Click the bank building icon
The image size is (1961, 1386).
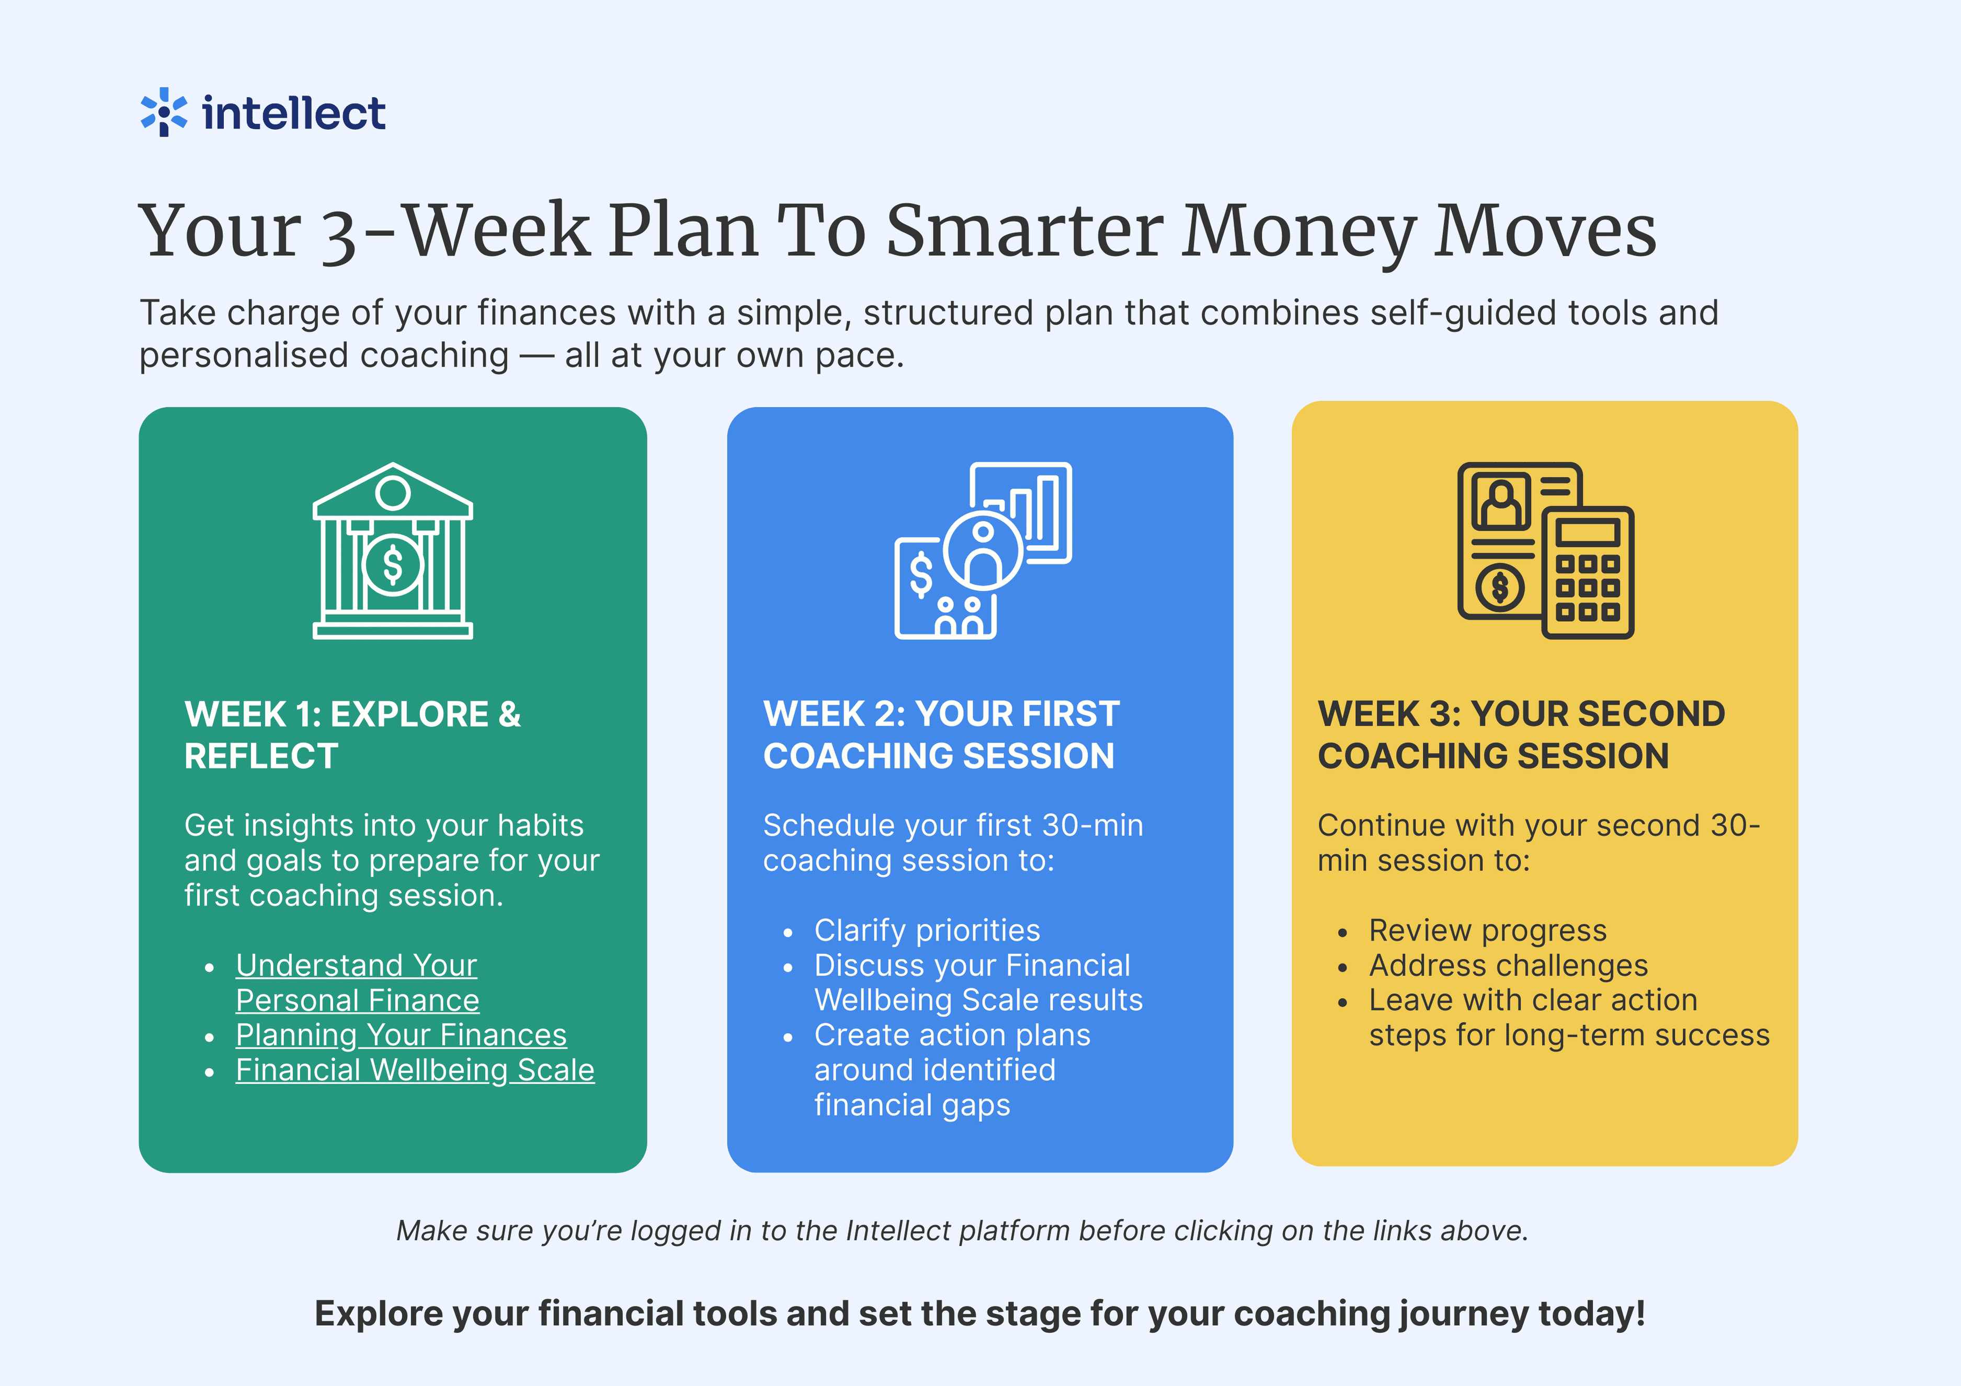[x=393, y=551]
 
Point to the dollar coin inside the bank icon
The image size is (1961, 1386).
[x=393, y=565]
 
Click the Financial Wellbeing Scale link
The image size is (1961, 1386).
[x=415, y=1070]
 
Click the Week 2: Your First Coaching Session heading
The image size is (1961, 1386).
[x=941, y=735]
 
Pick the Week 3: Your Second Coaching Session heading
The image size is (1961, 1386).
[x=1521, y=735]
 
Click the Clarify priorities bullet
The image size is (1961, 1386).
[x=928, y=930]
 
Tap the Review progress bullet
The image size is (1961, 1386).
[x=1488, y=930]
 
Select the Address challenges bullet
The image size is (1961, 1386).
[x=1508, y=965]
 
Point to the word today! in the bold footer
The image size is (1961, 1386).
[x=1592, y=1313]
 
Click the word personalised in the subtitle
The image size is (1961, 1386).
[x=324, y=355]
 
